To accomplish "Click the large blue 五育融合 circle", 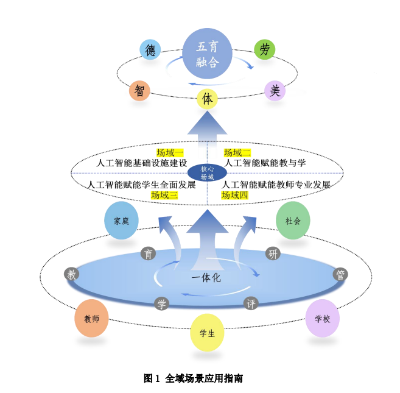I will [x=208, y=54].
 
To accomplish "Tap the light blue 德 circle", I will [x=150, y=50].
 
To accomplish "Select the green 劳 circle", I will [x=264, y=50].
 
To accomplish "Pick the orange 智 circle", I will [x=139, y=91].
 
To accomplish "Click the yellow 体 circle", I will [x=208, y=99].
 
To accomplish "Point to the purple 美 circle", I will [x=275, y=91].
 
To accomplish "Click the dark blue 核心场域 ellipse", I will [x=207, y=173].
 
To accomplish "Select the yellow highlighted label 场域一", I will [x=170, y=152].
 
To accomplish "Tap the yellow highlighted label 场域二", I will [x=237, y=152].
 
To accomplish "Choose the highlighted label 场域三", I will [x=164, y=195].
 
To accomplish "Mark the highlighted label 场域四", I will [x=234, y=195].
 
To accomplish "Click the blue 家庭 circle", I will [x=122, y=221].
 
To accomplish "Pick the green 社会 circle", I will [x=293, y=221].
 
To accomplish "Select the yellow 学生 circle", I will [x=207, y=333].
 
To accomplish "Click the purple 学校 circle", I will [x=322, y=318].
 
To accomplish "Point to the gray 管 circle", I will [x=341, y=274].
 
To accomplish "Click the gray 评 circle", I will [x=251, y=303].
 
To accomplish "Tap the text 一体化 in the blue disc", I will [x=206, y=278].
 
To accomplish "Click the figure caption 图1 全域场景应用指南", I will [x=193, y=378].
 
